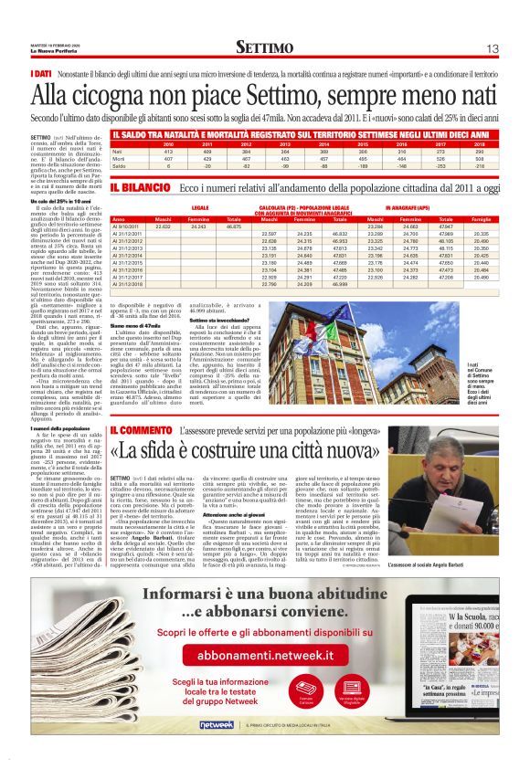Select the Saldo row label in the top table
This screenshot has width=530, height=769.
(118, 166)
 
